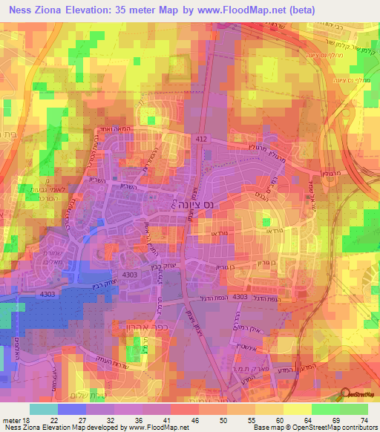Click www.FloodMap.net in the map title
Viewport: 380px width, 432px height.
click(240, 10)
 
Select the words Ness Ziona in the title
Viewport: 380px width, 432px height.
click(41, 10)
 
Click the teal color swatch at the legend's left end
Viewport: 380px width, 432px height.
click(43, 410)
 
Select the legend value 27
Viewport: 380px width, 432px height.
click(82, 420)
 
